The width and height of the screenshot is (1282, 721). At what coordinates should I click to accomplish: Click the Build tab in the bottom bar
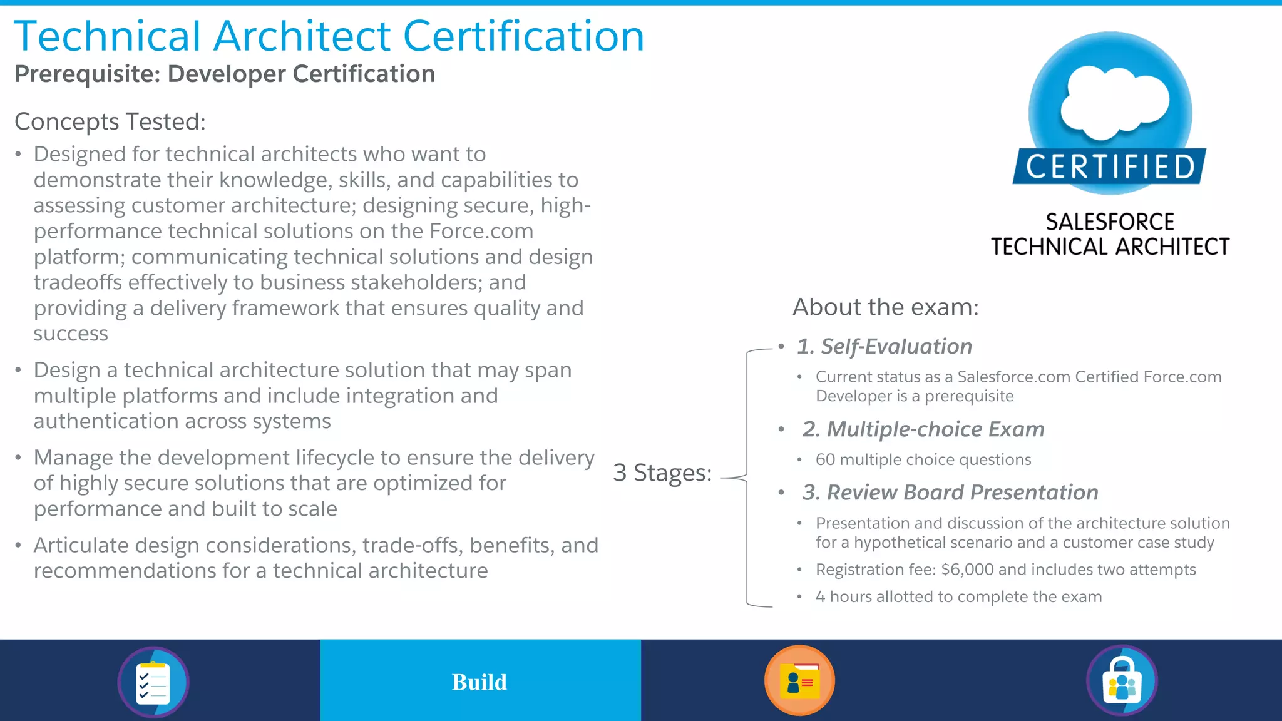[480, 682]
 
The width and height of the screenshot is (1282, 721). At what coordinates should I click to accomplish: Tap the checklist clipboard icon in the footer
[153, 682]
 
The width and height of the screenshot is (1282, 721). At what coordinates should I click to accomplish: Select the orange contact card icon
[799, 680]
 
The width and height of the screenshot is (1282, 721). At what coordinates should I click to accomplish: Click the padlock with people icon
[1122, 681]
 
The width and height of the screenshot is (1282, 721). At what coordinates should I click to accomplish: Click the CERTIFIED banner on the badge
[1110, 167]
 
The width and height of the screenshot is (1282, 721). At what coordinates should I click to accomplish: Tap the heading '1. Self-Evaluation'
[884, 346]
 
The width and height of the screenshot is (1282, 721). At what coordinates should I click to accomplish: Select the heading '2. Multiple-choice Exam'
[923, 429]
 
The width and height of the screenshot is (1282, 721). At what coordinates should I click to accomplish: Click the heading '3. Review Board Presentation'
[950, 493]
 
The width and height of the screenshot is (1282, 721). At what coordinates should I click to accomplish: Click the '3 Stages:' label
[662, 473]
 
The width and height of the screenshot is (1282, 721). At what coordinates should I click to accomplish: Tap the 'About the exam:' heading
[885, 307]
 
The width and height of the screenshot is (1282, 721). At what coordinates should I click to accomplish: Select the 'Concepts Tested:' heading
[110, 121]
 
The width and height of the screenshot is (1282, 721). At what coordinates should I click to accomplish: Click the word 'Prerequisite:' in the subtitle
[88, 74]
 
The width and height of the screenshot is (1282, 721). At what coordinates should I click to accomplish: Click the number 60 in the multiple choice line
[825, 459]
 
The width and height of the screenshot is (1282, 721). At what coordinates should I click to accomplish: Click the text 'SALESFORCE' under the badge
[1109, 222]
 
